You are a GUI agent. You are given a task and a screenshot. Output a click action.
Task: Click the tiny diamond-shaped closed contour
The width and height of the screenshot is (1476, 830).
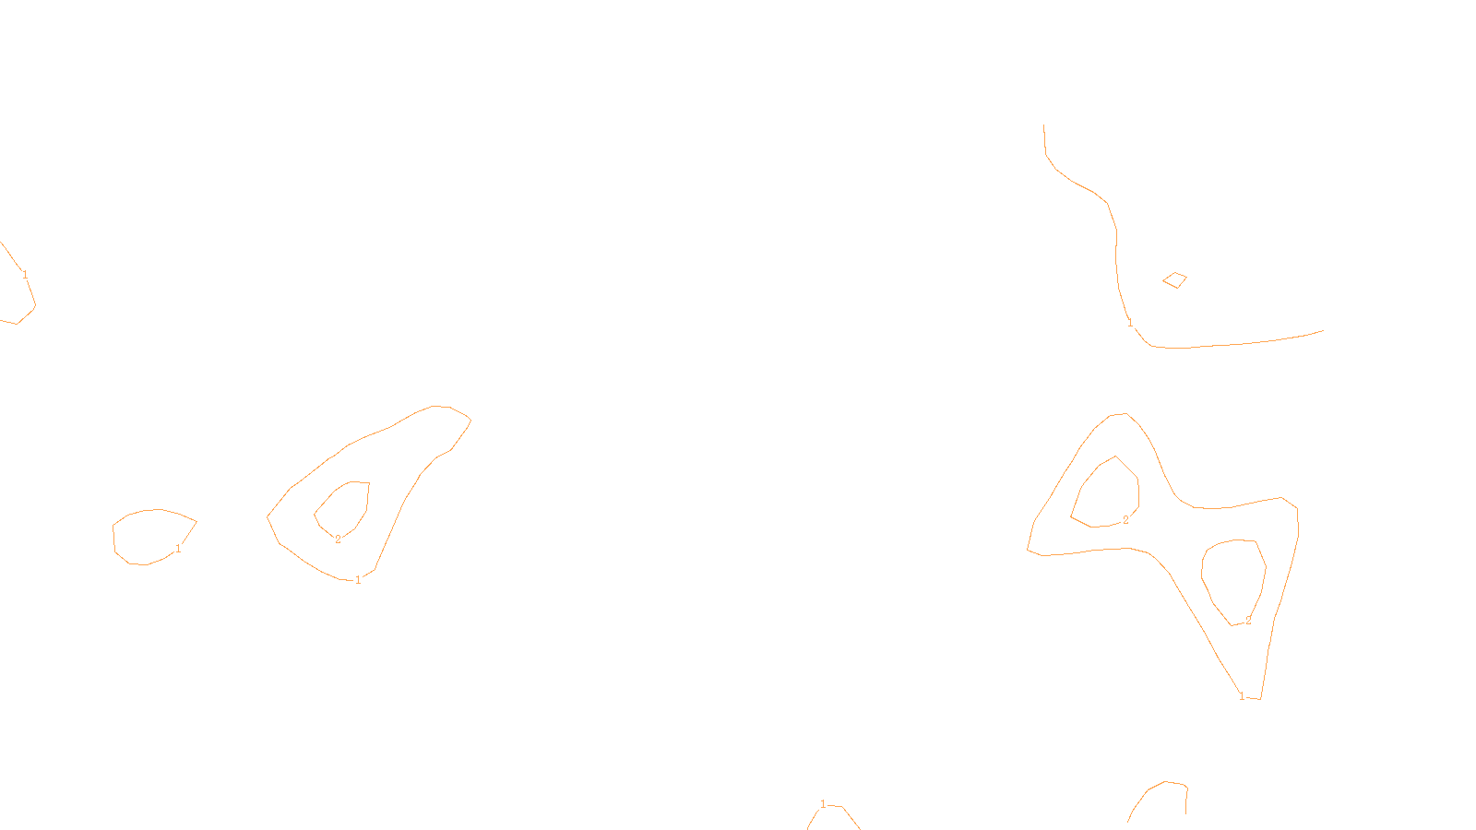coord(1174,279)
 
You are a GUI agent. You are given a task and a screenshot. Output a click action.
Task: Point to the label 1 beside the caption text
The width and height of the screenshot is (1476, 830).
coord(823,804)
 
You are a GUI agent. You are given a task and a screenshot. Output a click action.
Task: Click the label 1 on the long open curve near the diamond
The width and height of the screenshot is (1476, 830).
coord(1130,323)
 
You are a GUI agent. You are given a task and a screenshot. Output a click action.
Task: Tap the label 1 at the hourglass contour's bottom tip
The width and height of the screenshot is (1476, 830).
coord(1242,695)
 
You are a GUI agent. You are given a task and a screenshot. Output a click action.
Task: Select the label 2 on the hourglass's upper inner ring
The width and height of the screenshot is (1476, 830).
coord(1125,520)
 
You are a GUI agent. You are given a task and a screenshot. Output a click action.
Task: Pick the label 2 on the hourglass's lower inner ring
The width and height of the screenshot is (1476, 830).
coord(1248,621)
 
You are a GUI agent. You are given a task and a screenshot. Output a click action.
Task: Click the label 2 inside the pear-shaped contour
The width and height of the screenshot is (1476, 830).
coord(338,539)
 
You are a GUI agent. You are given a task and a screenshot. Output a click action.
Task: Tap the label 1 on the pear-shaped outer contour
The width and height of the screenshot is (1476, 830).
coord(358,580)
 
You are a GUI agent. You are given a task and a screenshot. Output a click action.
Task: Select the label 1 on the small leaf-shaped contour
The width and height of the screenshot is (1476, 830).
coord(178,549)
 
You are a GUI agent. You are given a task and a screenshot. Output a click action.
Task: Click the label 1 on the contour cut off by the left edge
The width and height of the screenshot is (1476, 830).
coord(25,274)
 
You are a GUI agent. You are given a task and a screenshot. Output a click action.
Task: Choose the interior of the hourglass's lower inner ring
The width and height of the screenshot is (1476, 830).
coord(1234,581)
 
